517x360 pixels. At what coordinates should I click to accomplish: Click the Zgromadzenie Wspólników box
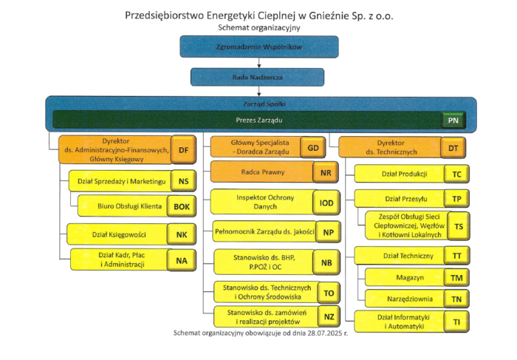(x=259, y=47)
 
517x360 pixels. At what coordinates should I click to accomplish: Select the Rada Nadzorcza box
(x=259, y=77)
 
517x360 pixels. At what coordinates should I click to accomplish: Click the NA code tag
(x=182, y=260)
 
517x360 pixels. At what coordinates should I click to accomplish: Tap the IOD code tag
(x=326, y=201)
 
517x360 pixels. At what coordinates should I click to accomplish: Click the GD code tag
(x=313, y=147)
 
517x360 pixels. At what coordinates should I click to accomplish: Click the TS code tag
(x=459, y=226)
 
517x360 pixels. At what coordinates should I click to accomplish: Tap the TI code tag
(x=457, y=322)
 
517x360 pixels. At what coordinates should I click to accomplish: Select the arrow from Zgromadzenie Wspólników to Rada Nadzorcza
(x=259, y=62)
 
